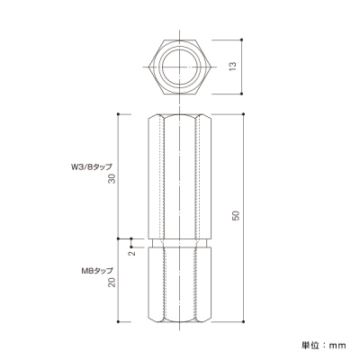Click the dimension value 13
(233, 67)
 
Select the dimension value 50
(237, 216)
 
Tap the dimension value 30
(112, 179)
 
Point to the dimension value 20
(112, 282)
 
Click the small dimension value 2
(132, 253)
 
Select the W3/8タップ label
(89, 166)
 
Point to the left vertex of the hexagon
(148, 67)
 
